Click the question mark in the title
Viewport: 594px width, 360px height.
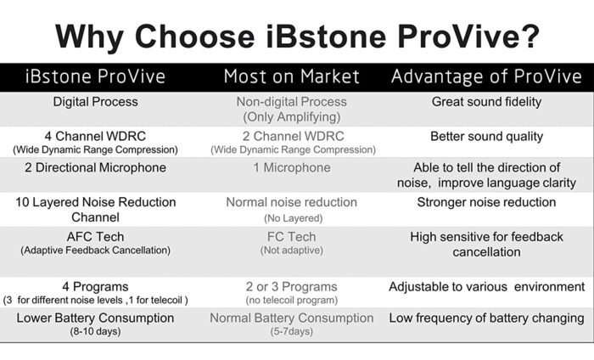[528, 36]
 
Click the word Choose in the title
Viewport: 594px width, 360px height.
[194, 36]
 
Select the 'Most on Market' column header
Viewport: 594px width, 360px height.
[291, 76]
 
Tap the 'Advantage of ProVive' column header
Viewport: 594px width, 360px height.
[486, 76]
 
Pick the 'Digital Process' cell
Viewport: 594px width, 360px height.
[95, 102]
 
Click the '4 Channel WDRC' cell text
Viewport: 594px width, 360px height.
[95, 136]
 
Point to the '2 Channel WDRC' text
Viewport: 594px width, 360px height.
[294, 136]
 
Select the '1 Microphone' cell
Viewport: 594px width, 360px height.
[292, 167]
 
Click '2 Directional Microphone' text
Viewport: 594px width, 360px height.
[95, 167]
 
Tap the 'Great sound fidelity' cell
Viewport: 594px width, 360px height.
[486, 102]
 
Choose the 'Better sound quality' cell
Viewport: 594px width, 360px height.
[486, 137]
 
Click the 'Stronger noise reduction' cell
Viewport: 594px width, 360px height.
[486, 202]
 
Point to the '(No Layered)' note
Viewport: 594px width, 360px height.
[294, 218]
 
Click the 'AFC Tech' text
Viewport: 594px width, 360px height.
[95, 237]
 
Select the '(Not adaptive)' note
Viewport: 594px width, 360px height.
[292, 250]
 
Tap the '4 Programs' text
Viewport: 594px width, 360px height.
[95, 286]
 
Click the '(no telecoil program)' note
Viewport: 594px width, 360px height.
[292, 300]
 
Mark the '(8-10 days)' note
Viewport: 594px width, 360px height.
[95, 332]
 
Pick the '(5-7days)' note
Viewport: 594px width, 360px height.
[292, 332]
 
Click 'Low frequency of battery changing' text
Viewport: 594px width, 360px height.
[486, 318]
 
